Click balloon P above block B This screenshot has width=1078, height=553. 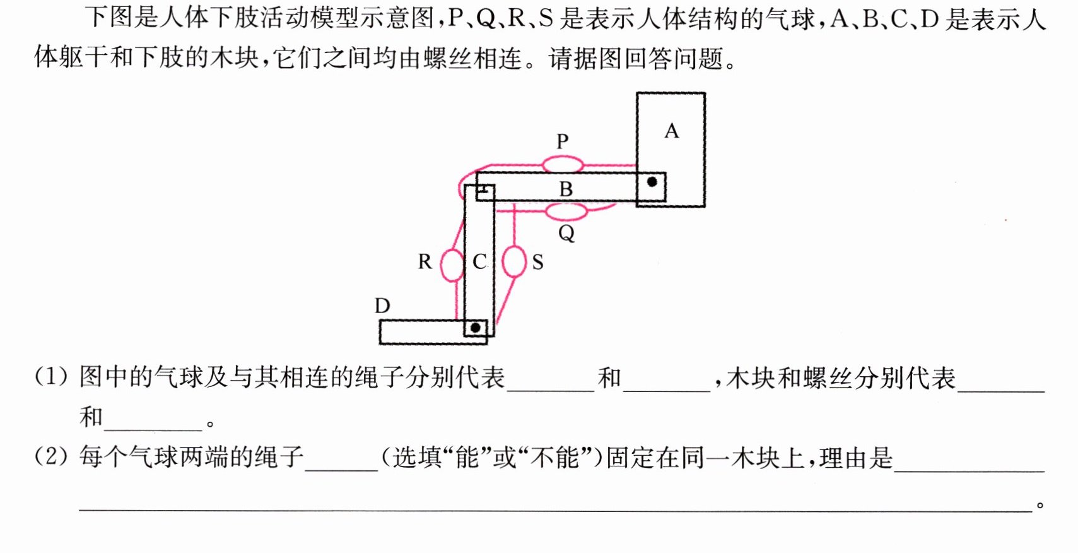click(563, 165)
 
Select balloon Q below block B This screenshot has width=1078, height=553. click(566, 211)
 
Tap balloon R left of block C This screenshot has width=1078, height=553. click(452, 264)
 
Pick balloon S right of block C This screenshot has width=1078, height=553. click(513, 261)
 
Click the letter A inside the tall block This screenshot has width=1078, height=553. click(672, 131)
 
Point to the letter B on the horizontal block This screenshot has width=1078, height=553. click(566, 189)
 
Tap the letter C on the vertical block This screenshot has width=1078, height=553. click(479, 262)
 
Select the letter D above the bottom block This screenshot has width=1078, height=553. click(383, 306)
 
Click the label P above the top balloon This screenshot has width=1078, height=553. click(563, 141)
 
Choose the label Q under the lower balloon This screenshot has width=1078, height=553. click(566, 234)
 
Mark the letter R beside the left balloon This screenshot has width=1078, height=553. click(425, 261)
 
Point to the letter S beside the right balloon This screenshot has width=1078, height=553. click(537, 263)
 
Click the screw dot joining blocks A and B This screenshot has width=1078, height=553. click(652, 182)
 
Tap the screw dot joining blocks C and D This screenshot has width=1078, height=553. click(476, 328)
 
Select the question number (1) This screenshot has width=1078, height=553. click(51, 377)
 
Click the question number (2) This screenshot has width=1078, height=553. click(51, 456)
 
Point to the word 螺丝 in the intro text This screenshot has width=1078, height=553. click(448, 58)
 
